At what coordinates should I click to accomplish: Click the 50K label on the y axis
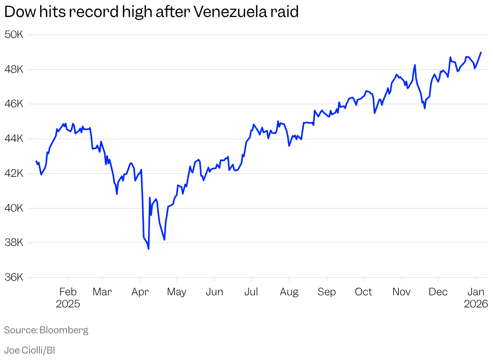[x=14, y=35]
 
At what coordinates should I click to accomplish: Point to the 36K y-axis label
[x=14, y=277]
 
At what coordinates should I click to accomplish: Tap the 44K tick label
[x=14, y=139]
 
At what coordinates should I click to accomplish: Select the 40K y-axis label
[x=14, y=208]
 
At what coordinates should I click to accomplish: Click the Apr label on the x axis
[x=140, y=292]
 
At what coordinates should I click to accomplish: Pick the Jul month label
[x=251, y=292]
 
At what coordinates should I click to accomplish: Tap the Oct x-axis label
[x=363, y=292]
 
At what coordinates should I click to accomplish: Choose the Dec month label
[x=438, y=292]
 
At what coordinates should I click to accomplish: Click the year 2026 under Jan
[x=476, y=304]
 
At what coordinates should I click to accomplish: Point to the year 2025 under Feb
[x=68, y=304]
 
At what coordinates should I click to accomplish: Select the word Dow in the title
[x=19, y=12]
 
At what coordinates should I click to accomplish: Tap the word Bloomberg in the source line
[x=64, y=330]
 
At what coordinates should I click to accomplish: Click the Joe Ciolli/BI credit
[x=29, y=350]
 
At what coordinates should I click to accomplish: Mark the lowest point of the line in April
[x=148, y=249]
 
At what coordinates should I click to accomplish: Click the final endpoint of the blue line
[x=481, y=52]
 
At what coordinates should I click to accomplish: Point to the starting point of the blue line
[x=36, y=161]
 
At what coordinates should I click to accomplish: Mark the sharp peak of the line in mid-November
[x=415, y=65]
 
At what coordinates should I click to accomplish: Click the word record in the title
[x=95, y=12]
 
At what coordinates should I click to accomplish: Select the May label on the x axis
[x=176, y=292]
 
